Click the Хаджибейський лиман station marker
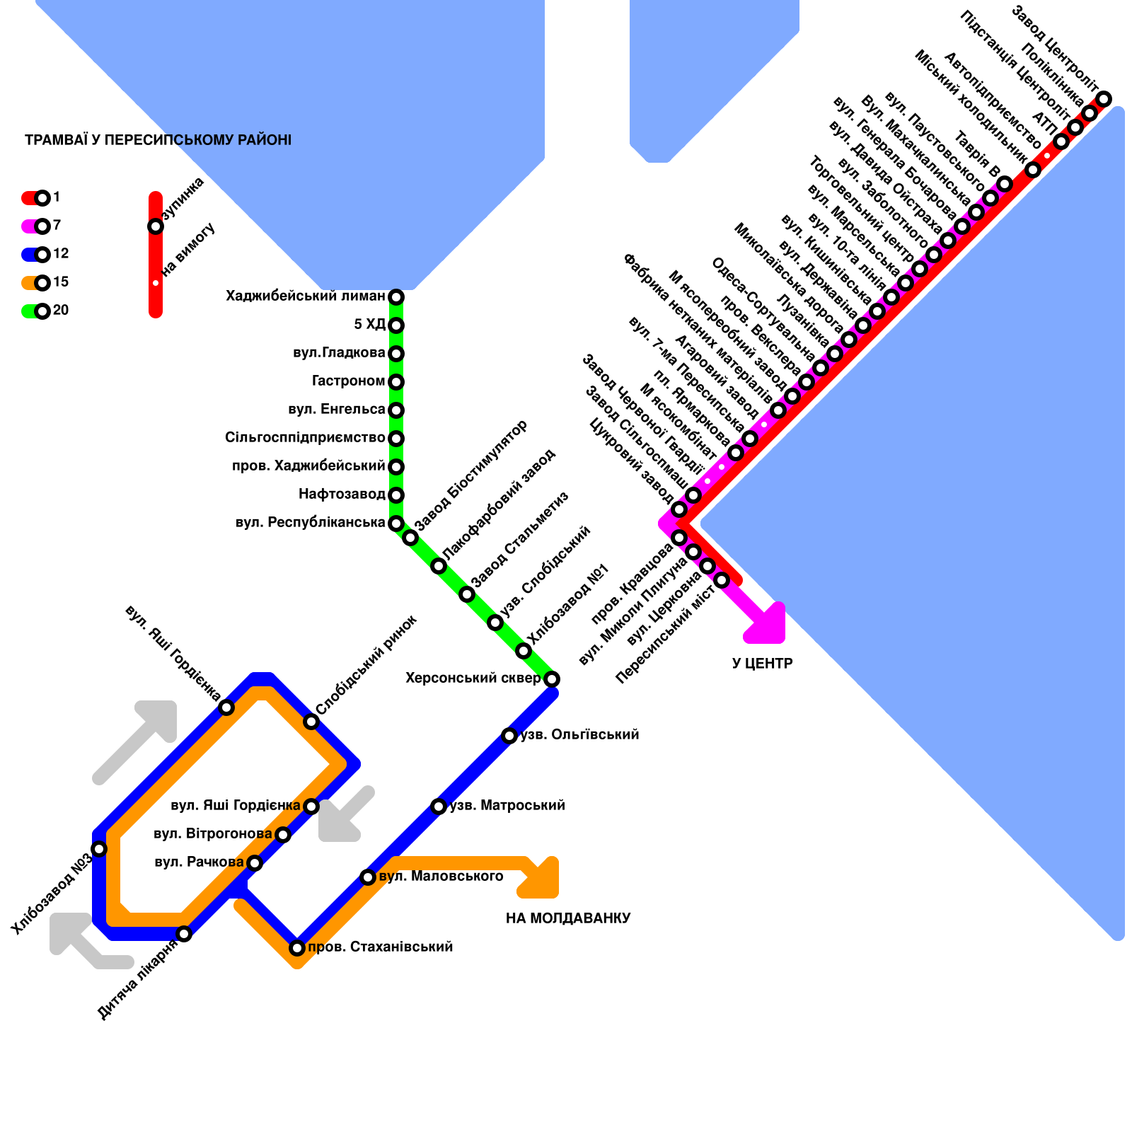coord(396,296)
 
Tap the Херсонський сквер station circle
coord(552,679)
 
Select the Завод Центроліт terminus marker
coord(1104,98)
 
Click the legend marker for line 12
coord(42,254)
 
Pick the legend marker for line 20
coord(42,311)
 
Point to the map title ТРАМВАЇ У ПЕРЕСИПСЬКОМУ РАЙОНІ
coord(158,140)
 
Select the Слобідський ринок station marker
coord(311,722)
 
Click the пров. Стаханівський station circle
coord(297,948)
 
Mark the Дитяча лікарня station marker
coord(184,934)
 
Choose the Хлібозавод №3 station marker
coord(99,849)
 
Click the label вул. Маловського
coord(441,877)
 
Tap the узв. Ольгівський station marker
coord(509,736)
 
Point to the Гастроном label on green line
coord(348,381)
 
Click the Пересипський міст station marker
coord(722,580)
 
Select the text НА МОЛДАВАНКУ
coord(568,918)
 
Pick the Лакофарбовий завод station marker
coord(439,566)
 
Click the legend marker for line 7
coord(42,226)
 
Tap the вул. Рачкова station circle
coord(255,863)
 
